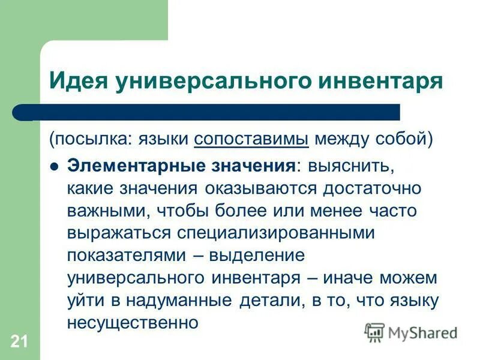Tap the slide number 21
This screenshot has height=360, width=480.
click(x=18, y=342)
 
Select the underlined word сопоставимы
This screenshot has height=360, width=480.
click(x=251, y=140)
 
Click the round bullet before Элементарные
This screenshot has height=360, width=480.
click(x=54, y=166)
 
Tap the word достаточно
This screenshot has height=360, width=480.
click(x=372, y=187)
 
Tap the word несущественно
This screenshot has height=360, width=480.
click(x=133, y=322)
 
